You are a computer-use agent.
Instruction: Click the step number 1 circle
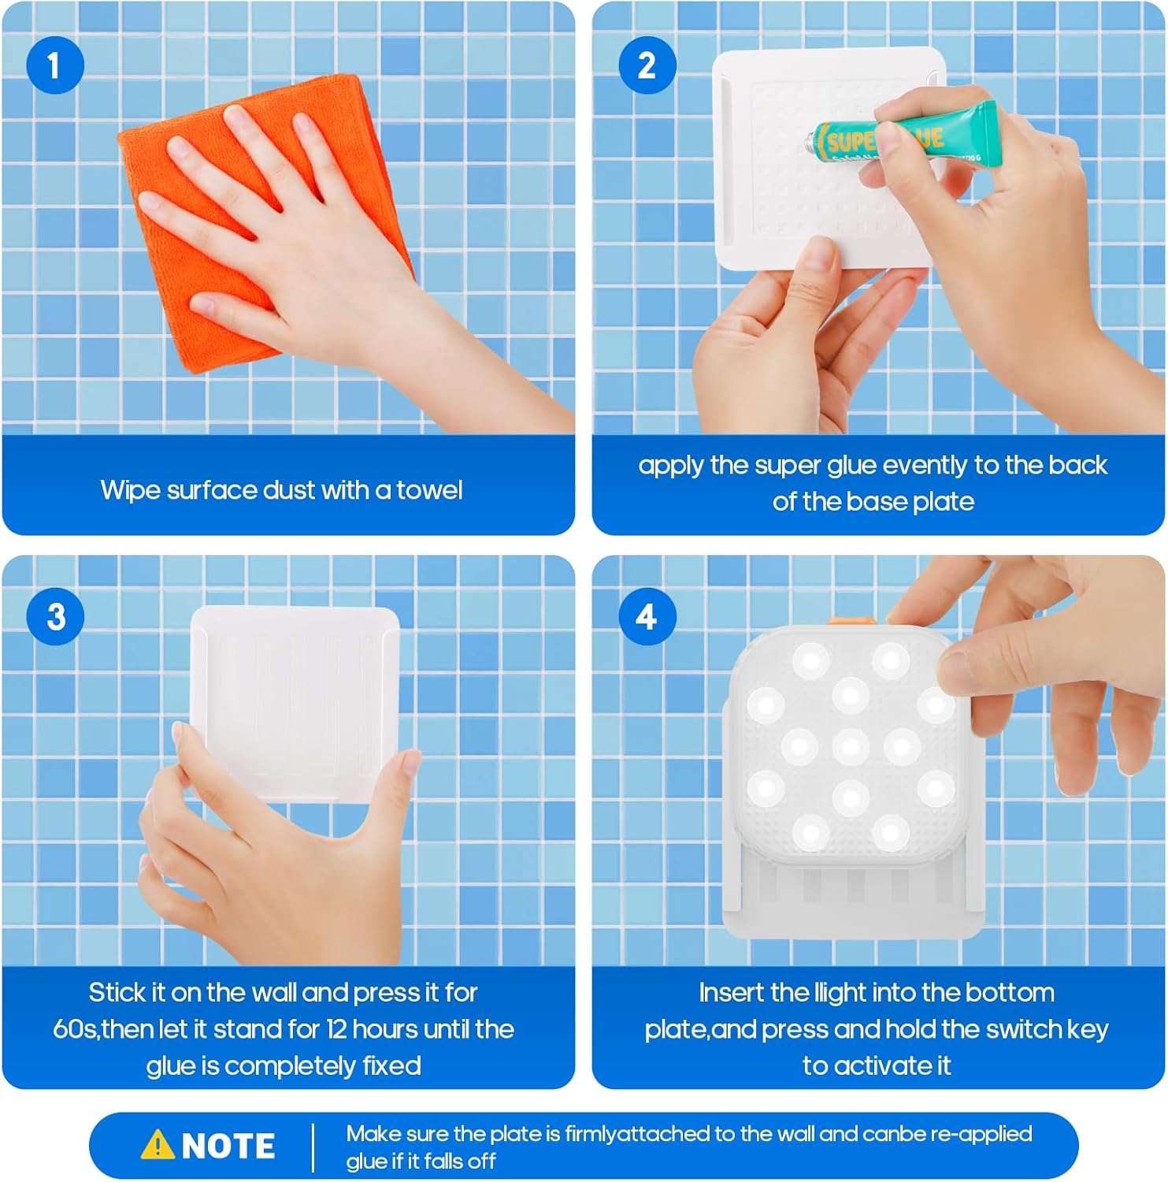coord(55,65)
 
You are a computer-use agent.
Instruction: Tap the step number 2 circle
coord(647,65)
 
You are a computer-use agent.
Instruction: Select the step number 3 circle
coord(55,616)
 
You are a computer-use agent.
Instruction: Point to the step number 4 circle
coord(647,616)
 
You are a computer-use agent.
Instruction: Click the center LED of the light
coord(851,745)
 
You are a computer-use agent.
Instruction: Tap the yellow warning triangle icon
coord(158,1144)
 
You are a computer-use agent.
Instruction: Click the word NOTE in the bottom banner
coord(228,1146)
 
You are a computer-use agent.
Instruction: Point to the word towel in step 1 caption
coord(429,490)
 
